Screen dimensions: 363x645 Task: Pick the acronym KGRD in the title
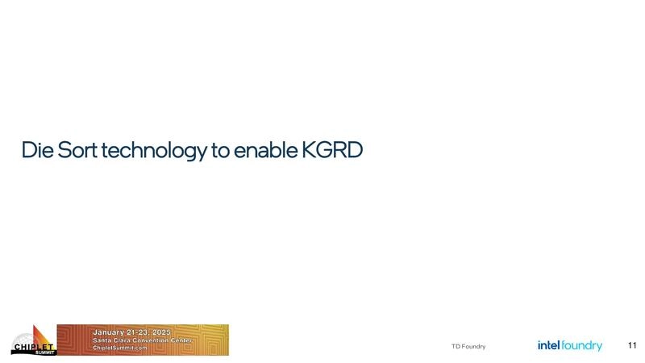pos(332,150)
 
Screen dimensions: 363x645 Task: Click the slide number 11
pos(632,345)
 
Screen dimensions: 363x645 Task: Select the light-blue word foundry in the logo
pos(582,346)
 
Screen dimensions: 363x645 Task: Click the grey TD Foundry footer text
pos(468,347)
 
